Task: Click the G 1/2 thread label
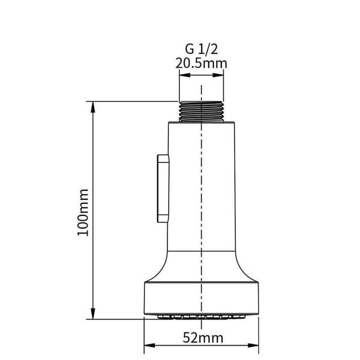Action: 202,49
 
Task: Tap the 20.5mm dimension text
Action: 202,63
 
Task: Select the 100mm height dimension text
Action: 83,212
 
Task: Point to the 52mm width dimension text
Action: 203,338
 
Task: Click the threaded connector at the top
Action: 202,112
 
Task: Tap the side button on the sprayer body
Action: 163,188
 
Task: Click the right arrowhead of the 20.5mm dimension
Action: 218,75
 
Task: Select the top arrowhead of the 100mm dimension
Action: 93,107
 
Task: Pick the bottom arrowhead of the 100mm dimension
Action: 93,313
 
